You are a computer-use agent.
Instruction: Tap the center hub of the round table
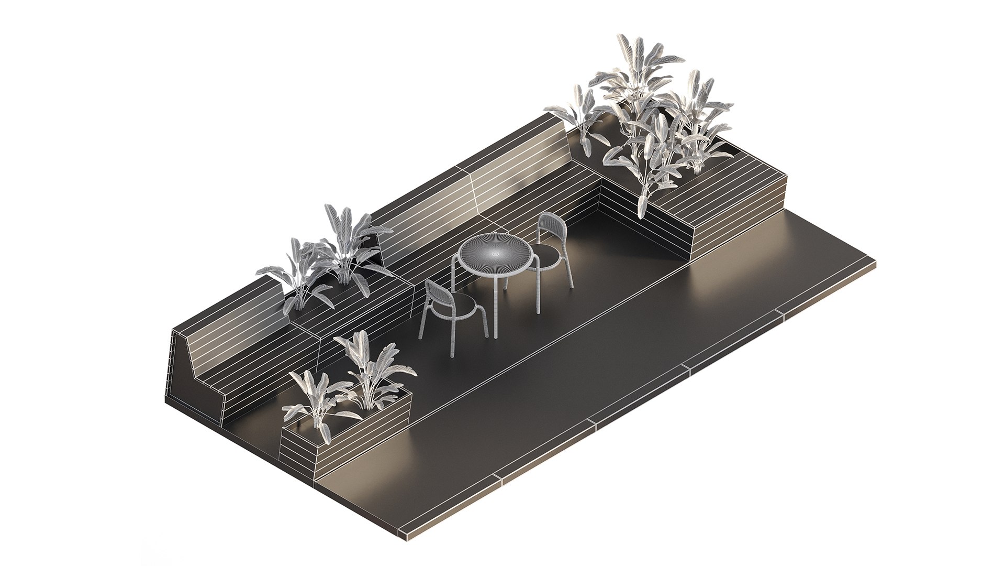(x=495, y=253)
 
